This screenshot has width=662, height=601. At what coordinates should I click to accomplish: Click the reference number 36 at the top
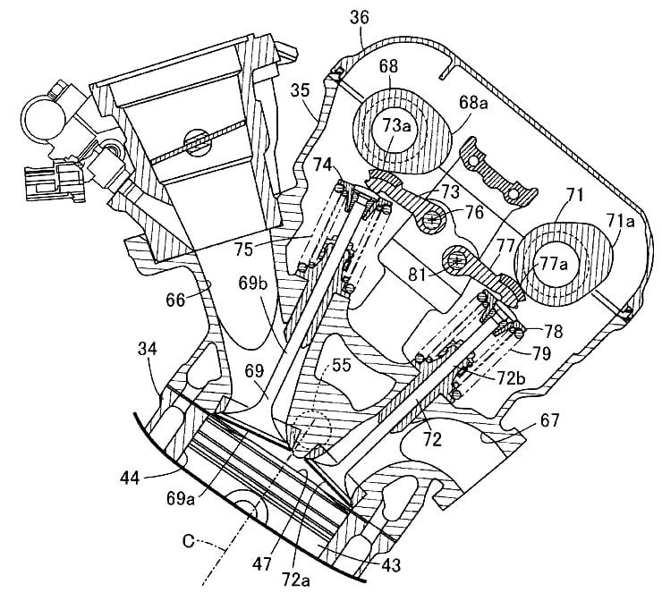click(360, 17)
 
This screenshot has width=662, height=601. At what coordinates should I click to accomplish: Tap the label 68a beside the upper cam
click(473, 103)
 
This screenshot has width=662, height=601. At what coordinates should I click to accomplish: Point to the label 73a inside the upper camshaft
click(397, 125)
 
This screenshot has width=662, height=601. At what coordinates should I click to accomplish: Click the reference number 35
click(301, 90)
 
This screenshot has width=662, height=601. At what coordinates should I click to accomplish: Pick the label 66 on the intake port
click(175, 300)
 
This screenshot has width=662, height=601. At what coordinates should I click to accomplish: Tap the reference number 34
click(148, 349)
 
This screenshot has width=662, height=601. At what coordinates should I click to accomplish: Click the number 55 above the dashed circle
click(342, 366)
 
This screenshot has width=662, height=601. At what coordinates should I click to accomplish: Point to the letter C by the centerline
click(189, 541)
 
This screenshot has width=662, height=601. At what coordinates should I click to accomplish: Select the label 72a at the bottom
click(295, 581)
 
